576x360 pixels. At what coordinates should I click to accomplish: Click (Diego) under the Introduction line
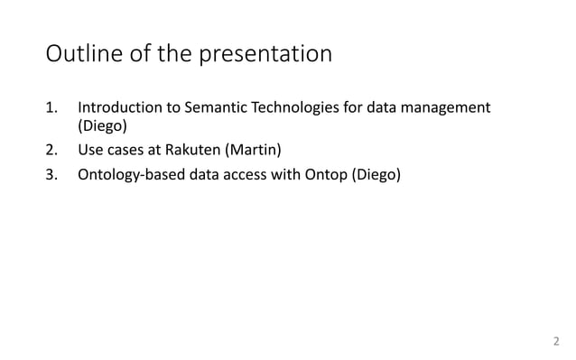click(x=100, y=130)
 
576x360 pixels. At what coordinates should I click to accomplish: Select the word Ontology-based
click(x=128, y=174)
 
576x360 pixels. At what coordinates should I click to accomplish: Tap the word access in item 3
click(x=234, y=174)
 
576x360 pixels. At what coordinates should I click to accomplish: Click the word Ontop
click(x=312, y=174)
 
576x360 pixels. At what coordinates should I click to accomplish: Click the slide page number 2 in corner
click(x=555, y=341)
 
